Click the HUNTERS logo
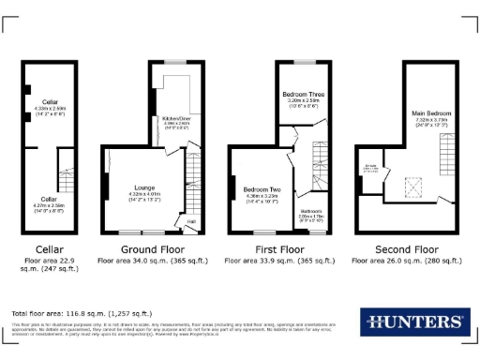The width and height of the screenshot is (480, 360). coord(414,322)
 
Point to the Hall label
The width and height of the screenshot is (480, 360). coord(190,221)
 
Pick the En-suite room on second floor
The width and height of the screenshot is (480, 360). coord(371,171)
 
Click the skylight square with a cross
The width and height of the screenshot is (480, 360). coord(411,187)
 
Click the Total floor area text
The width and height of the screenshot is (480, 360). coord(82,312)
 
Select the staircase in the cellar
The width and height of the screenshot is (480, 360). coord(67,175)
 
